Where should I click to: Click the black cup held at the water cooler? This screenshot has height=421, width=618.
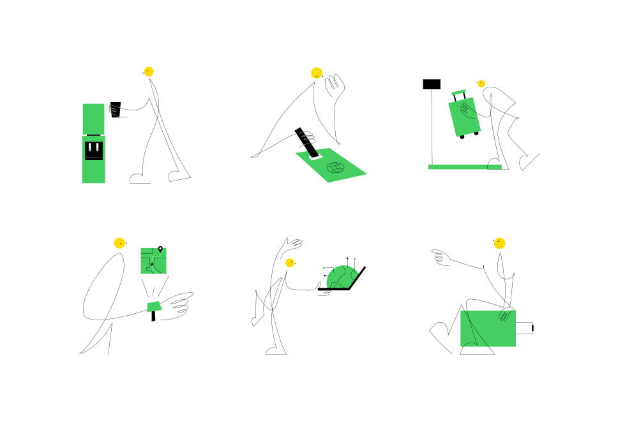click(116, 109)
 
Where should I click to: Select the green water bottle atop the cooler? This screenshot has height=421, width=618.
click(93, 119)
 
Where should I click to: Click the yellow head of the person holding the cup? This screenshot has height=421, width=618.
click(149, 71)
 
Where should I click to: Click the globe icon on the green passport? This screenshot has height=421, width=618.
click(335, 168)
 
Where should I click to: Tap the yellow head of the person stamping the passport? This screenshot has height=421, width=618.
click(317, 73)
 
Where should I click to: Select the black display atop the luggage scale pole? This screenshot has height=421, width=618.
click(432, 84)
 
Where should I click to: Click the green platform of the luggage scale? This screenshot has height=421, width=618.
click(464, 167)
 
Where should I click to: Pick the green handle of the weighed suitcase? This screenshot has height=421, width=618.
click(458, 93)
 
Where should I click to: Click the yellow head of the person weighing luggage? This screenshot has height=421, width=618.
click(481, 84)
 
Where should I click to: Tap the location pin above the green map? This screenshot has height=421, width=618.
click(160, 249)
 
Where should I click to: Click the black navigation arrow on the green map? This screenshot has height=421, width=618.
click(152, 263)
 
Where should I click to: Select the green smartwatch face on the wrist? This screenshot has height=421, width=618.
click(153, 307)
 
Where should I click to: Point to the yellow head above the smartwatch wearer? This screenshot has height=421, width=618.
click(119, 243)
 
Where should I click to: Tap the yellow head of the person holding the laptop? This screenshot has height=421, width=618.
click(290, 262)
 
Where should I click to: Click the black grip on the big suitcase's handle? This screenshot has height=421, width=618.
click(532, 328)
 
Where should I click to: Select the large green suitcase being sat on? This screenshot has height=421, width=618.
click(488, 329)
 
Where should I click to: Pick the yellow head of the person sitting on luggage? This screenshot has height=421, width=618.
click(499, 243)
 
